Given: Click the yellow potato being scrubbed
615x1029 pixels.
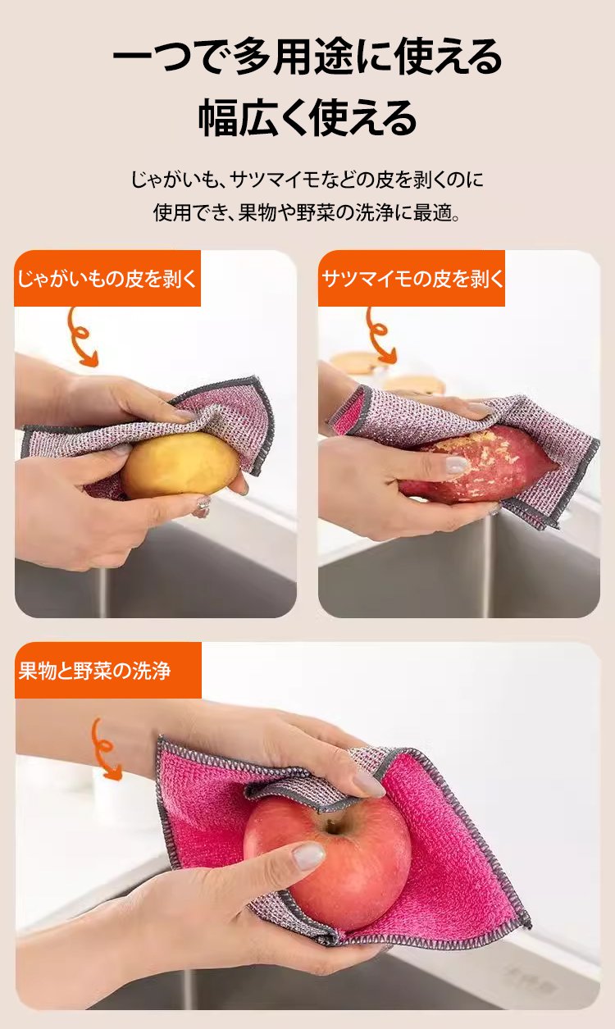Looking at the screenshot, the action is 180,464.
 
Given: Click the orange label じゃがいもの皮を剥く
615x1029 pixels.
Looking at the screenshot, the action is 107,279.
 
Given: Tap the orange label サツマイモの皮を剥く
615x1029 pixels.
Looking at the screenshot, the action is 412,279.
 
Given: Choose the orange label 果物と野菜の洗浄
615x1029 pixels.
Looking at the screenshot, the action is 108,670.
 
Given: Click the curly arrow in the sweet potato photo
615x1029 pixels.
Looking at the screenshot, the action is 378,335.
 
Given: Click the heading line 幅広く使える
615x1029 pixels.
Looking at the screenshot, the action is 307,117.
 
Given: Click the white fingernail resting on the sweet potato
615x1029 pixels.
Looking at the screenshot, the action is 456,465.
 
